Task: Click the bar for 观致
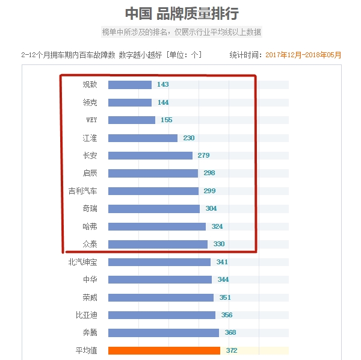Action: click(129, 85)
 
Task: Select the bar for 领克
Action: click(129, 102)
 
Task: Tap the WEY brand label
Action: click(91, 120)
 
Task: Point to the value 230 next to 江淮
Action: click(189, 138)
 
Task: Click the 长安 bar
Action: click(150, 155)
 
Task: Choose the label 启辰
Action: click(90, 173)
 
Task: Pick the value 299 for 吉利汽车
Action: click(209, 191)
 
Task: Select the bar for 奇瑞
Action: click(154, 209)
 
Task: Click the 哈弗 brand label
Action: click(90, 226)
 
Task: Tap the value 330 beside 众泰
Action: click(218, 244)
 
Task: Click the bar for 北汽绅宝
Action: click(159, 262)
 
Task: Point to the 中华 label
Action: click(90, 279)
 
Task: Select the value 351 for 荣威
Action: click(225, 297)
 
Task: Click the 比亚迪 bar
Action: click(162, 315)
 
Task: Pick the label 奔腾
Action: click(90, 332)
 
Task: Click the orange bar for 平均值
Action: click(164, 350)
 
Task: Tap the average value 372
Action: click(232, 350)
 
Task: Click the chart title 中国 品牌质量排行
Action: click(181, 13)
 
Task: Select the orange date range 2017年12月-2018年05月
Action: click(303, 55)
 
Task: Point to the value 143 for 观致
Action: click(162, 85)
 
